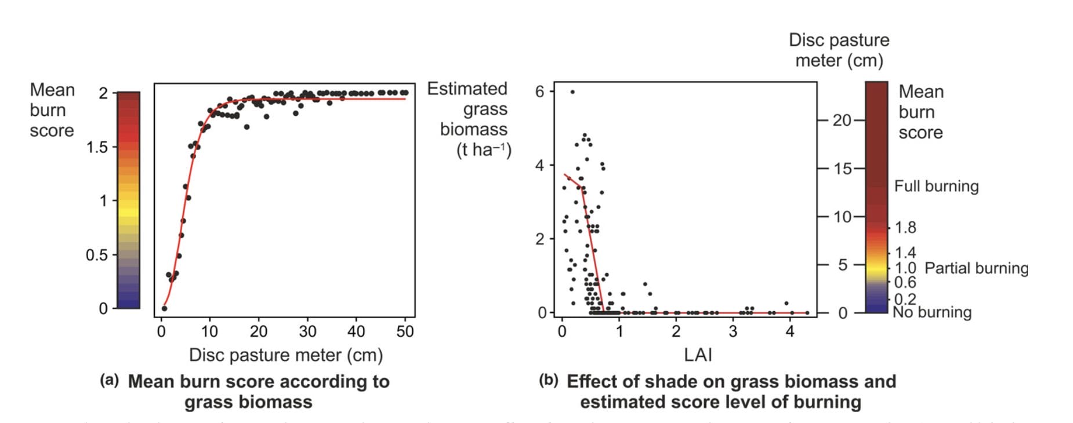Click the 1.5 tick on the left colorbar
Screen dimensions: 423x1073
(97, 147)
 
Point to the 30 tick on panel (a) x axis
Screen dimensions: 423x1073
(307, 331)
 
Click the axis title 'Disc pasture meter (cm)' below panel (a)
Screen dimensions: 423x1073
(285, 355)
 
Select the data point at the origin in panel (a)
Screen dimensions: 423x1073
(164, 308)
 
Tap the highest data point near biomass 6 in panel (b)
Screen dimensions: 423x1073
(572, 92)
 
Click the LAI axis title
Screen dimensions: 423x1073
(697, 355)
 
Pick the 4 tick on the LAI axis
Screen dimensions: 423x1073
(789, 331)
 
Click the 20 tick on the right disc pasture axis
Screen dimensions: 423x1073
(842, 121)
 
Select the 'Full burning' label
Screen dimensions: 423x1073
(936, 186)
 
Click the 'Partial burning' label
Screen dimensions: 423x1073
(976, 268)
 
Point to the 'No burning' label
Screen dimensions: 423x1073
(931, 313)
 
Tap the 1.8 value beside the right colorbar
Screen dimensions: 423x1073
(905, 228)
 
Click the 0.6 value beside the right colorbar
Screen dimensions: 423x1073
(905, 282)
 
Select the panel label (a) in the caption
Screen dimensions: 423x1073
(109, 381)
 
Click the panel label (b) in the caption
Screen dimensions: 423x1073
(548, 381)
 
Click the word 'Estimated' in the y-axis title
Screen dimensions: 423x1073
(467, 89)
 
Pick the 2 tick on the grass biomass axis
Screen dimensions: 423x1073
(540, 239)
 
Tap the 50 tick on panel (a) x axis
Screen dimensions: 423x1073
(404, 331)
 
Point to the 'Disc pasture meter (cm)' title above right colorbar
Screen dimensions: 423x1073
(839, 50)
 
